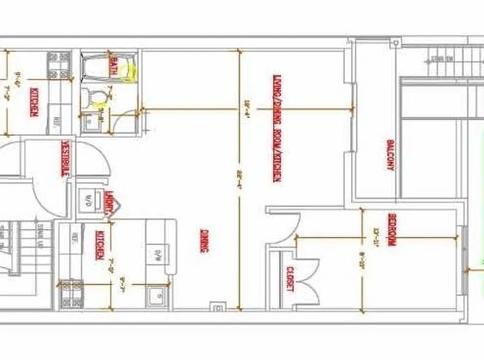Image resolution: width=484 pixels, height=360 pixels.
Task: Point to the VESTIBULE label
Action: [x=65, y=158]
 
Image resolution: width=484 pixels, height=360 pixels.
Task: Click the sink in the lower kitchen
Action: [x=157, y=295]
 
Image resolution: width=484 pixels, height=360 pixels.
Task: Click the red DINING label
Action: [x=204, y=241]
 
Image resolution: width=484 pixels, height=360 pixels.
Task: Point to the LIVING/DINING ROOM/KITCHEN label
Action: [x=276, y=128]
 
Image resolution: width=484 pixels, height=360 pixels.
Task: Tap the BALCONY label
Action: [x=390, y=155]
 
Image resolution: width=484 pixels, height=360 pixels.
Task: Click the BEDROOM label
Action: [x=391, y=229]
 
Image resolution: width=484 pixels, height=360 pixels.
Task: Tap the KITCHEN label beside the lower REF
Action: [x=100, y=245]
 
